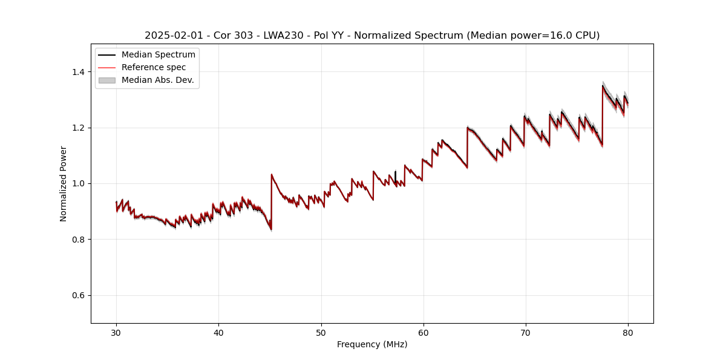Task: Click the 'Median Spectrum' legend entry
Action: [x=159, y=55]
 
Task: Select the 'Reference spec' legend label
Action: [x=154, y=67]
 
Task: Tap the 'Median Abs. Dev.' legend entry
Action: [x=157, y=80]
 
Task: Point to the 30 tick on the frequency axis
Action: [x=117, y=332]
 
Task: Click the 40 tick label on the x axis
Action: [x=219, y=332]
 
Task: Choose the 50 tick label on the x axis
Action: [x=321, y=332]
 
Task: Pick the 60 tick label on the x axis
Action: [x=423, y=332]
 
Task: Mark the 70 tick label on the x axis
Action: [x=526, y=332]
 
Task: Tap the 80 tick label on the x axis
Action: [x=628, y=332]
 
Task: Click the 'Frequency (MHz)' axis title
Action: [x=372, y=344]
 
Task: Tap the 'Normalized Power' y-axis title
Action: [x=64, y=183]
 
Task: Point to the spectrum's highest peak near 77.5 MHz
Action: [x=603, y=85]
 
